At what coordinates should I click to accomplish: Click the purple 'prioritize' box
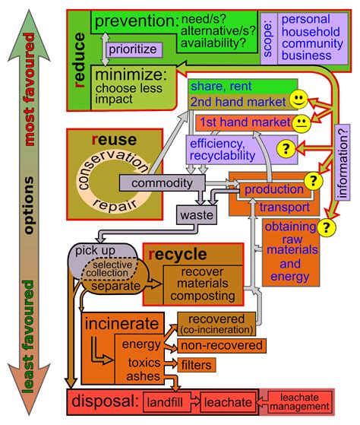point(134,49)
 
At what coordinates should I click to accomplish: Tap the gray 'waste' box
point(197,215)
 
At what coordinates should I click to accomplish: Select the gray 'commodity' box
point(162,183)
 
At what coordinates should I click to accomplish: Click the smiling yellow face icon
point(298,100)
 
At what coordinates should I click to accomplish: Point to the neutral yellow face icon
point(302,124)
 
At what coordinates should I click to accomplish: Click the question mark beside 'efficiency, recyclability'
point(286,148)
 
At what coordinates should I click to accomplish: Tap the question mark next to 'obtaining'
point(326,227)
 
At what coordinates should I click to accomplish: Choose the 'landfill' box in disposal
point(165,402)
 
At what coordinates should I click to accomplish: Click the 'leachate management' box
point(299,402)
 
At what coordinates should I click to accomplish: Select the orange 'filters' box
point(197,365)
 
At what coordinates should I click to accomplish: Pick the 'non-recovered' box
point(222,346)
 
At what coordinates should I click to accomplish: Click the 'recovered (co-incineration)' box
point(216,324)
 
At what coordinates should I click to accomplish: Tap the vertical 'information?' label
point(343,163)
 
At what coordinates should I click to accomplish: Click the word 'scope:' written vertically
point(268,39)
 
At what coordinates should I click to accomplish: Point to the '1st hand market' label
point(245,122)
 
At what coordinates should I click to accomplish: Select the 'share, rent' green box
point(243,87)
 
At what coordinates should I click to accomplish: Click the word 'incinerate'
point(122,324)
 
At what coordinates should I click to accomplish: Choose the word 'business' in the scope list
point(306,56)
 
